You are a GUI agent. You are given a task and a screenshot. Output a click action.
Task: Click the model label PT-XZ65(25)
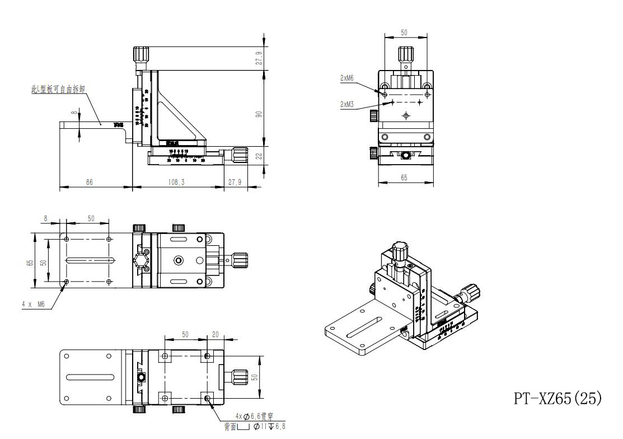[x=558, y=398]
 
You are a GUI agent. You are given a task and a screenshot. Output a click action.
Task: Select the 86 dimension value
[x=90, y=182]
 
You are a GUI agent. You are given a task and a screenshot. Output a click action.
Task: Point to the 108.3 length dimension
[x=176, y=182]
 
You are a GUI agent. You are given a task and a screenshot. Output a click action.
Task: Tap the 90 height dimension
[x=259, y=114]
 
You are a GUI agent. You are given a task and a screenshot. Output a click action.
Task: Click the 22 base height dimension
[x=259, y=157]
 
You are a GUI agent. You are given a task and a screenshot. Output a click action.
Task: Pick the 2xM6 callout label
[x=347, y=78]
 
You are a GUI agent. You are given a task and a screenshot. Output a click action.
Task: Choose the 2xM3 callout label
[x=347, y=104]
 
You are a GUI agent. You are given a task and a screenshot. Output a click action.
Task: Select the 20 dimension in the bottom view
[x=216, y=334]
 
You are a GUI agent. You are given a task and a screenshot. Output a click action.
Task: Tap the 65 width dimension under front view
[x=404, y=178]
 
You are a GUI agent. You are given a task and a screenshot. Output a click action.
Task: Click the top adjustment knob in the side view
[x=141, y=55]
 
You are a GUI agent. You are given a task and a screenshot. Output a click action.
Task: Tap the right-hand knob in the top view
[x=241, y=259]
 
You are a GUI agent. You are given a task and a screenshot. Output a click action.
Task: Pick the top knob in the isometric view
[x=399, y=251]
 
